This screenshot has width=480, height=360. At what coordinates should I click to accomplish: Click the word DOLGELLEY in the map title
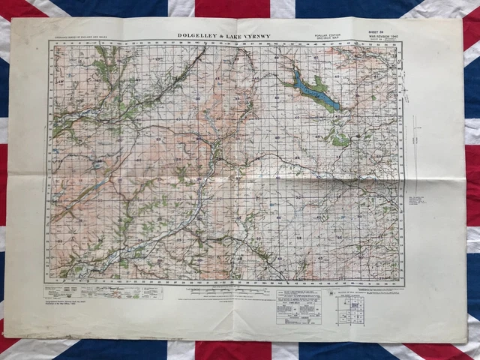(x=200, y=34)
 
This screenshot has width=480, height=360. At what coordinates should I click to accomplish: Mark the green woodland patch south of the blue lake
(x=339, y=139)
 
